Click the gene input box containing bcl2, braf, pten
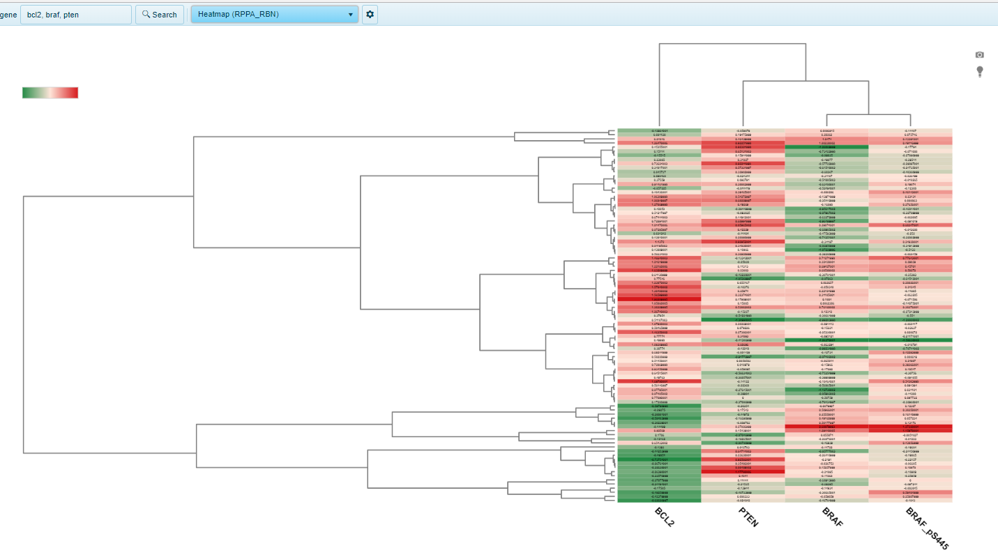click(x=75, y=14)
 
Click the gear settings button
click(x=370, y=14)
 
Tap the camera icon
click(x=979, y=54)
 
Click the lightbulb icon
click(x=979, y=71)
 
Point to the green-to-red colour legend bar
click(x=50, y=93)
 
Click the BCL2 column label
click(x=664, y=516)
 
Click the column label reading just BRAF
click(x=832, y=516)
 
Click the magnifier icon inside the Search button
click(x=146, y=14)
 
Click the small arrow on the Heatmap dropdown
click(x=350, y=14)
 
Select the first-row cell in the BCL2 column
click(x=659, y=131)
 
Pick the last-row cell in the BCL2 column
click(x=659, y=480)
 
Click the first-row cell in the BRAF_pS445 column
click(x=910, y=131)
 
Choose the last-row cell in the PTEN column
click(x=743, y=480)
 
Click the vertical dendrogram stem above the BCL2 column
click(x=659, y=84)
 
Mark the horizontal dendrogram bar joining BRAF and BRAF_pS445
click(x=868, y=114)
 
